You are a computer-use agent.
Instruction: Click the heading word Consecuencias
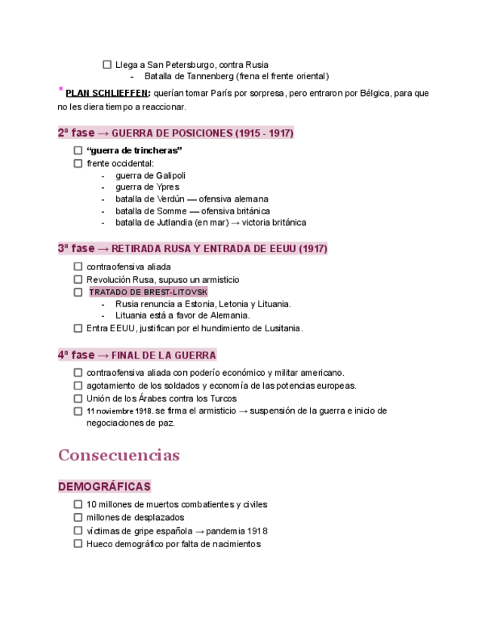tap(118, 455)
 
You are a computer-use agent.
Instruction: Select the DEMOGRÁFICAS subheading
tap(104, 487)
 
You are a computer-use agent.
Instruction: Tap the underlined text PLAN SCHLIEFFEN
tap(107, 94)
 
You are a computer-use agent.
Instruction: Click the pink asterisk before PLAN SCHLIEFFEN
tap(60, 91)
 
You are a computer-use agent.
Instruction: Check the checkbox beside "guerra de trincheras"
tap(78, 151)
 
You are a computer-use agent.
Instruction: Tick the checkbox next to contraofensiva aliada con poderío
tap(78, 373)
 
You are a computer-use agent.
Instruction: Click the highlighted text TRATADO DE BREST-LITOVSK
tap(148, 292)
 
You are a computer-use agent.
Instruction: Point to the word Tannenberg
tap(208, 76)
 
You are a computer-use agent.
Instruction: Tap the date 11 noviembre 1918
tap(119, 411)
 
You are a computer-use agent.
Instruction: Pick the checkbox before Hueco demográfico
tap(78, 543)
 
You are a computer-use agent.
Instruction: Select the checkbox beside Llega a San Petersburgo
tap(106, 65)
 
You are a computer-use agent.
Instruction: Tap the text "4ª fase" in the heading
tap(76, 355)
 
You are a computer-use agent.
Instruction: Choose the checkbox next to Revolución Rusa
tap(78, 280)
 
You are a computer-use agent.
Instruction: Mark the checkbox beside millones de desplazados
tap(78, 518)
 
